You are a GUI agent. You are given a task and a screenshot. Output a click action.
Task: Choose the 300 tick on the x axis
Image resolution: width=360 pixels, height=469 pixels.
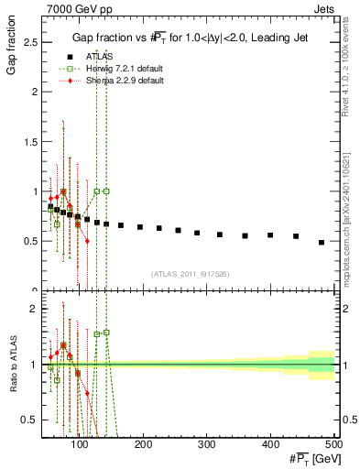[207, 445]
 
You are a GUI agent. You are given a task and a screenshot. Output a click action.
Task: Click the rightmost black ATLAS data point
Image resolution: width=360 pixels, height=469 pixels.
[322, 242]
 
